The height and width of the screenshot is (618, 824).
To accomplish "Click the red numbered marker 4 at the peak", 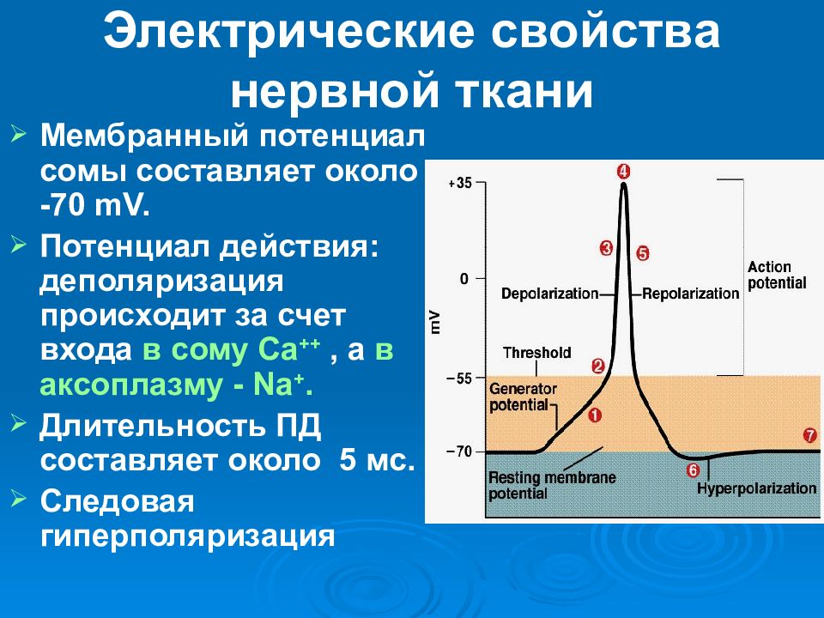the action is point(624,172).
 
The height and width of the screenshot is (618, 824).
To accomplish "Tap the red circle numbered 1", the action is point(594,415).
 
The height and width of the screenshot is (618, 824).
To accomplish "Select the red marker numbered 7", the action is point(809,435).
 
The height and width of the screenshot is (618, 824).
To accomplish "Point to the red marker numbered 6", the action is point(694,470).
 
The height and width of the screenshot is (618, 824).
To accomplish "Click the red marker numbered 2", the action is point(598,367).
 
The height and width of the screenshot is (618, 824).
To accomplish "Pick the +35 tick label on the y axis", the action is point(460,184).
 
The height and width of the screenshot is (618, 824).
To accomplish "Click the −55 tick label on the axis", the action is point(459,378).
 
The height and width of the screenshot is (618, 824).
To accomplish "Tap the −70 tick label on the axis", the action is point(459,452).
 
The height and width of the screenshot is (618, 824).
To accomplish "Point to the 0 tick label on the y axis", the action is point(464,278).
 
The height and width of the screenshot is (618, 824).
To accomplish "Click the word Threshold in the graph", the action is point(537,352).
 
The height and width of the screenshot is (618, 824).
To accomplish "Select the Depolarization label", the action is point(549,294).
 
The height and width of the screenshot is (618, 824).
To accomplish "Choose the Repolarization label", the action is point(690,294).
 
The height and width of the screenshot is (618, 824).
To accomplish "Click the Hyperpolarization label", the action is point(757,488).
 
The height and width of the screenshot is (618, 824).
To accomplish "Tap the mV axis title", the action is point(435,322).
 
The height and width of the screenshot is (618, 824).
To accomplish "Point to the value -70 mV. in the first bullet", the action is point(95,205).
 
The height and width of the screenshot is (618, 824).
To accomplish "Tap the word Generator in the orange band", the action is point(523,389).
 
